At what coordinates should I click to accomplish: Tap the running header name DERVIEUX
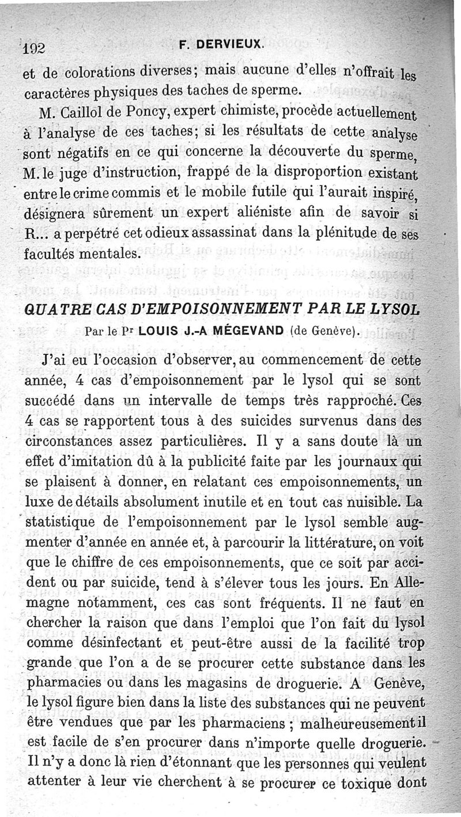point(235,44)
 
